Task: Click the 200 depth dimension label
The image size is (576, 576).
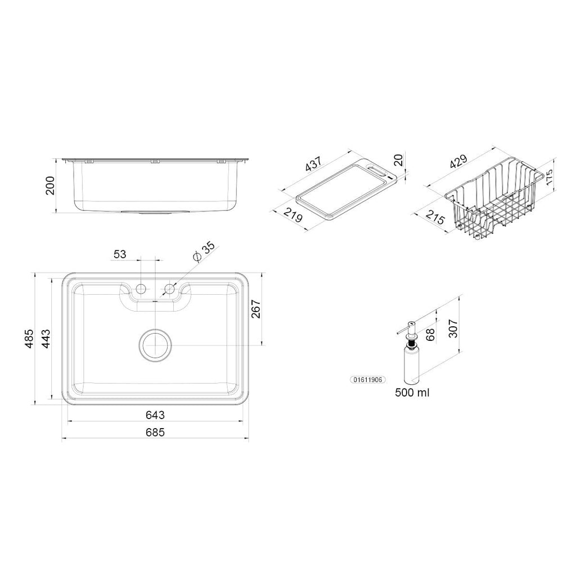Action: coord(49,186)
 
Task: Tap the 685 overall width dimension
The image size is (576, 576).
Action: coord(155,433)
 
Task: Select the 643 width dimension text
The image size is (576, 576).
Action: coord(155,415)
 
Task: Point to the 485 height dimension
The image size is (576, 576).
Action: coord(29,338)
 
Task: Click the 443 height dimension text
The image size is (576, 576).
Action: coord(46,338)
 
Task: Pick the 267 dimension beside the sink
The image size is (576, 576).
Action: coord(256,309)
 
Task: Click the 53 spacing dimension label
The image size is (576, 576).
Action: coord(120,254)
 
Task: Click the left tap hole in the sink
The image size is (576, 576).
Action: coord(141,289)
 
